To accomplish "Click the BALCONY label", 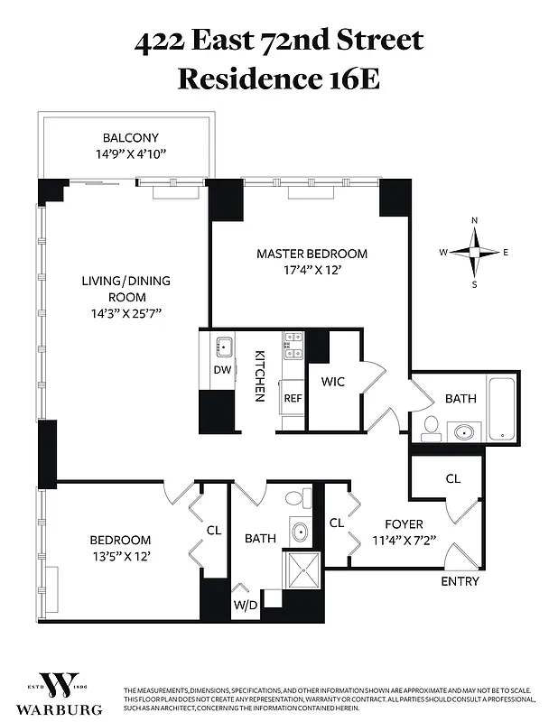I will [x=130, y=138].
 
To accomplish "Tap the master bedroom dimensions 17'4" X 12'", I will [x=312, y=269].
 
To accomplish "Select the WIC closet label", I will [x=333, y=382].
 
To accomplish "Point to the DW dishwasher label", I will [x=222, y=370].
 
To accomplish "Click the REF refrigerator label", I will [x=293, y=397].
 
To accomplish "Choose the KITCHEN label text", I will [x=258, y=375].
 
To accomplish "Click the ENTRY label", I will [x=460, y=581].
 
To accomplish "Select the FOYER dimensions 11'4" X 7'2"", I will [x=403, y=541].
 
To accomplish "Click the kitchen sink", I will [x=223, y=347].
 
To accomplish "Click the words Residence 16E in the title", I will [x=278, y=78].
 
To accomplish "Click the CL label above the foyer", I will [x=452, y=478].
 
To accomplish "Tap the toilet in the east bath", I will [x=432, y=426].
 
